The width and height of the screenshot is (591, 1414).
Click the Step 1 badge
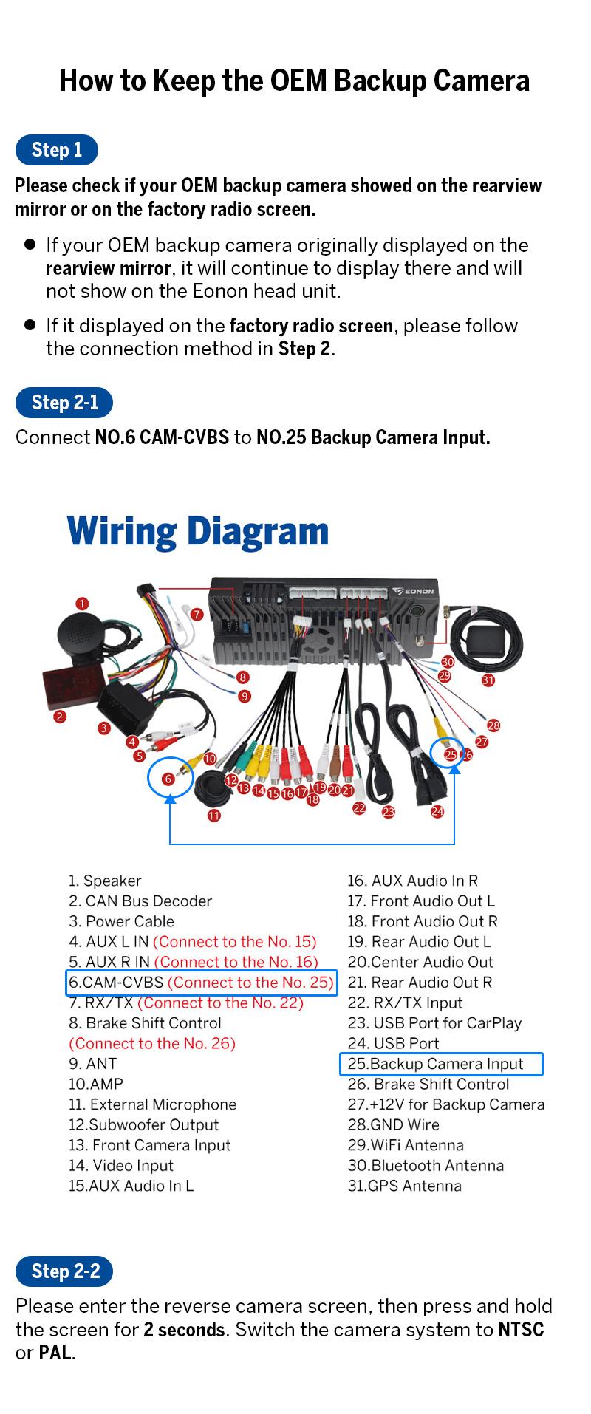57,150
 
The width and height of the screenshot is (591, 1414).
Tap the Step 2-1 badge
65,402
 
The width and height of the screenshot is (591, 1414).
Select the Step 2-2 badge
65,1271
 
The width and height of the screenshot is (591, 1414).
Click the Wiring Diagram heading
197,531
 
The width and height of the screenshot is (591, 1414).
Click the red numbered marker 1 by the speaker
82,604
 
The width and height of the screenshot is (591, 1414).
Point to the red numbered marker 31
488,680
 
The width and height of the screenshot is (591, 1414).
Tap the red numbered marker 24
437,810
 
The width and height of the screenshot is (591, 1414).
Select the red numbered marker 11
213,816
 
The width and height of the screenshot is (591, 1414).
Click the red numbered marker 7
197,614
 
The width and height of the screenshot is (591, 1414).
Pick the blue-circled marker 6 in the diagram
168,779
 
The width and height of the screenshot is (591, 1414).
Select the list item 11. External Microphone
152,1104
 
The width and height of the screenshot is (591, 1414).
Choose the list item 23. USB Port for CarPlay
434,1023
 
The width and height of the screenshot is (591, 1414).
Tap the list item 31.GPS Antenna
404,1186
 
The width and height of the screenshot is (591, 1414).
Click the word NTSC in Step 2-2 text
521,1330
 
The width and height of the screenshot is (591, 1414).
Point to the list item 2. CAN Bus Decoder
140,901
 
